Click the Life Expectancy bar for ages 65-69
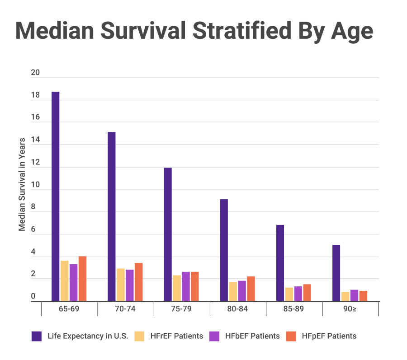[55, 196]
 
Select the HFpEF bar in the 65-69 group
[82, 279]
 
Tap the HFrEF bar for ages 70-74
[121, 285]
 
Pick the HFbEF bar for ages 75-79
[186, 286]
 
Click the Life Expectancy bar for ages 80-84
[224, 250]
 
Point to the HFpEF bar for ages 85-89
[307, 293]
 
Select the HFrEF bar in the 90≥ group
[345, 297]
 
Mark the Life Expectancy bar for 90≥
[336, 273]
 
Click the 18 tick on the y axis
[35, 96]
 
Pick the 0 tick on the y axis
[33, 297]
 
